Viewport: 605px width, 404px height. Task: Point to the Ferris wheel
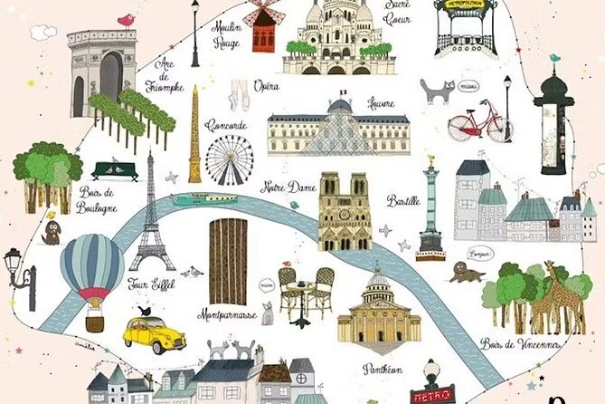229,159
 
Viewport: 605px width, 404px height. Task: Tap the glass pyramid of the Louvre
338,136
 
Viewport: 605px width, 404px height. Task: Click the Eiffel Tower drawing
151,217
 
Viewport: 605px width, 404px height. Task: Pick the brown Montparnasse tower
228,261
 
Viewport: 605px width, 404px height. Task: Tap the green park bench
116,169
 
